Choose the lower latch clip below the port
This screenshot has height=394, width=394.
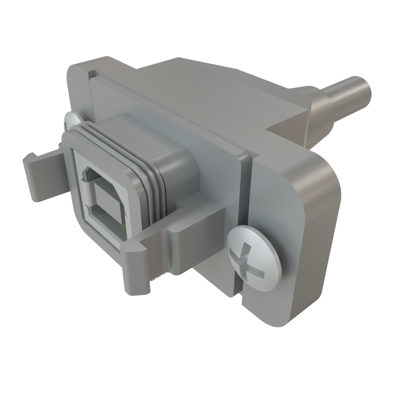(154, 254)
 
